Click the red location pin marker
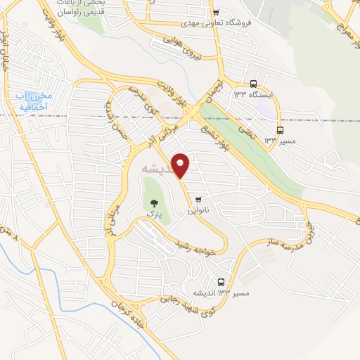coord(181,165)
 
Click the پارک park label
coord(153,212)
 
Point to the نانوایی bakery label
coord(199,210)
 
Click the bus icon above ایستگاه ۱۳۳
coord(253,82)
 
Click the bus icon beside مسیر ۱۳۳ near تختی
coord(280,130)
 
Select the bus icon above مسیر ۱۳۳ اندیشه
coord(222,283)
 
